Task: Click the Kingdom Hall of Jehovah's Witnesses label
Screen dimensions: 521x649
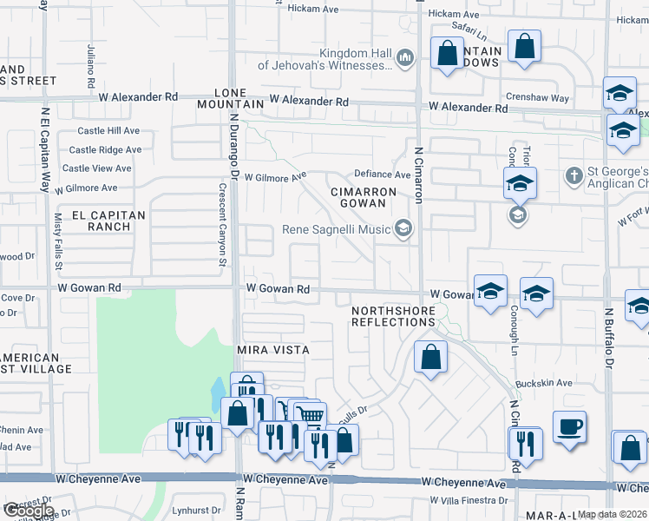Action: tap(357, 58)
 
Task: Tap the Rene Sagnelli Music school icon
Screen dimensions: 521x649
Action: tap(403, 229)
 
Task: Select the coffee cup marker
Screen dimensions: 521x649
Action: tap(569, 428)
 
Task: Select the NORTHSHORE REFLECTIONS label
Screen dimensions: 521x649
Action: tap(393, 316)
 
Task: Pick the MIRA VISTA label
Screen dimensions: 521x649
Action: tap(273, 349)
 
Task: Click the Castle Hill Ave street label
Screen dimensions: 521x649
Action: tap(108, 131)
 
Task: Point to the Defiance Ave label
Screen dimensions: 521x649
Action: tap(381, 175)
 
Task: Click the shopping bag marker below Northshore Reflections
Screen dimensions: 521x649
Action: tap(430, 357)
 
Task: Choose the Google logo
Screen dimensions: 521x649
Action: tap(29, 511)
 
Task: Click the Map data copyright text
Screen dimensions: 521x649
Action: tap(611, 514)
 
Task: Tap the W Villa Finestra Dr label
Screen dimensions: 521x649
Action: tap(468, 502)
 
